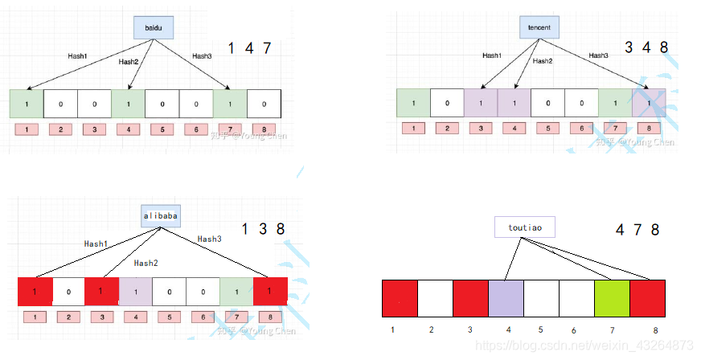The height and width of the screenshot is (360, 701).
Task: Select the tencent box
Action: point(539,29)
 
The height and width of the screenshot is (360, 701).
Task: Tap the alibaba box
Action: point(160,216)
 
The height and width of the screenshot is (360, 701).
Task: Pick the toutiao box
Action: point(525,228)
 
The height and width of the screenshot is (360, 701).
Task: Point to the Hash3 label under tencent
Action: point(599,55)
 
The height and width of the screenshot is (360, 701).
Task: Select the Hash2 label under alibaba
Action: point(146,263)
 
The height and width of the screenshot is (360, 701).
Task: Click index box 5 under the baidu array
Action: point(162,129)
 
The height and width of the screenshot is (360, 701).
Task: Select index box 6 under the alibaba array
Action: point(203,317)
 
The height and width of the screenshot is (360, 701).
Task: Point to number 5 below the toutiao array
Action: point(540,329)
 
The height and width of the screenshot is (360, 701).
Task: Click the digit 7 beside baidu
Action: point(267,48)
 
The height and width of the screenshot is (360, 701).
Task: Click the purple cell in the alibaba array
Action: point(136,291)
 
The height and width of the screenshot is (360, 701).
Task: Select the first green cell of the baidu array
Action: point(27,104)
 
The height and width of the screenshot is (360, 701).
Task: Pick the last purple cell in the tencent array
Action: point(649,103)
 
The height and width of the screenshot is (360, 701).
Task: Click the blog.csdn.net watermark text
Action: point(586,345)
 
